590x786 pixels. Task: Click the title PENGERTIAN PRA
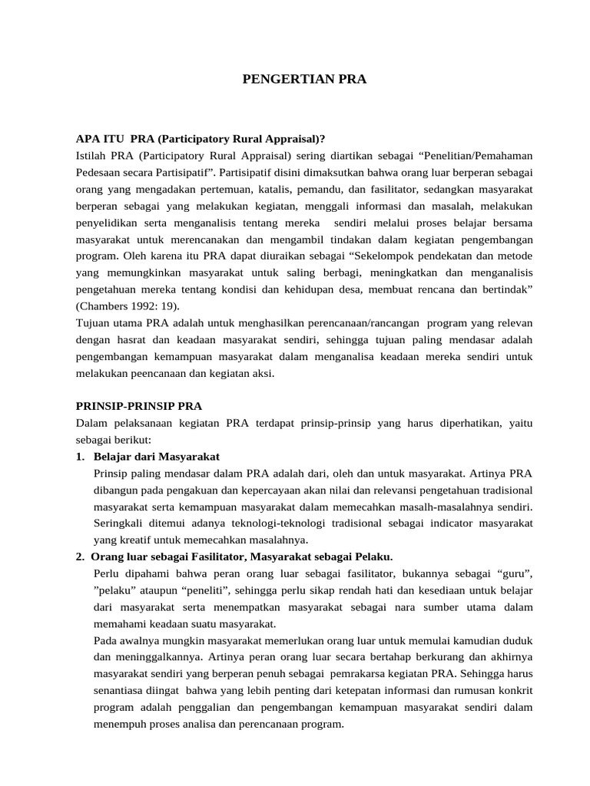(x=294, y=78)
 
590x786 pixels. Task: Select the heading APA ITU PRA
(x=201, y=139)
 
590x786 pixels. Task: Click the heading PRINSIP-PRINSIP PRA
(x=139, y=406)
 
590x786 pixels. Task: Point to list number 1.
(x=80, y=457)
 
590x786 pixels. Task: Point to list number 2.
(x=80, y=556)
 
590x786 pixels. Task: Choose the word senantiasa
(x=121, y=690)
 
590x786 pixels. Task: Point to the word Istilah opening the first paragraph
(x=92, y=156)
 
